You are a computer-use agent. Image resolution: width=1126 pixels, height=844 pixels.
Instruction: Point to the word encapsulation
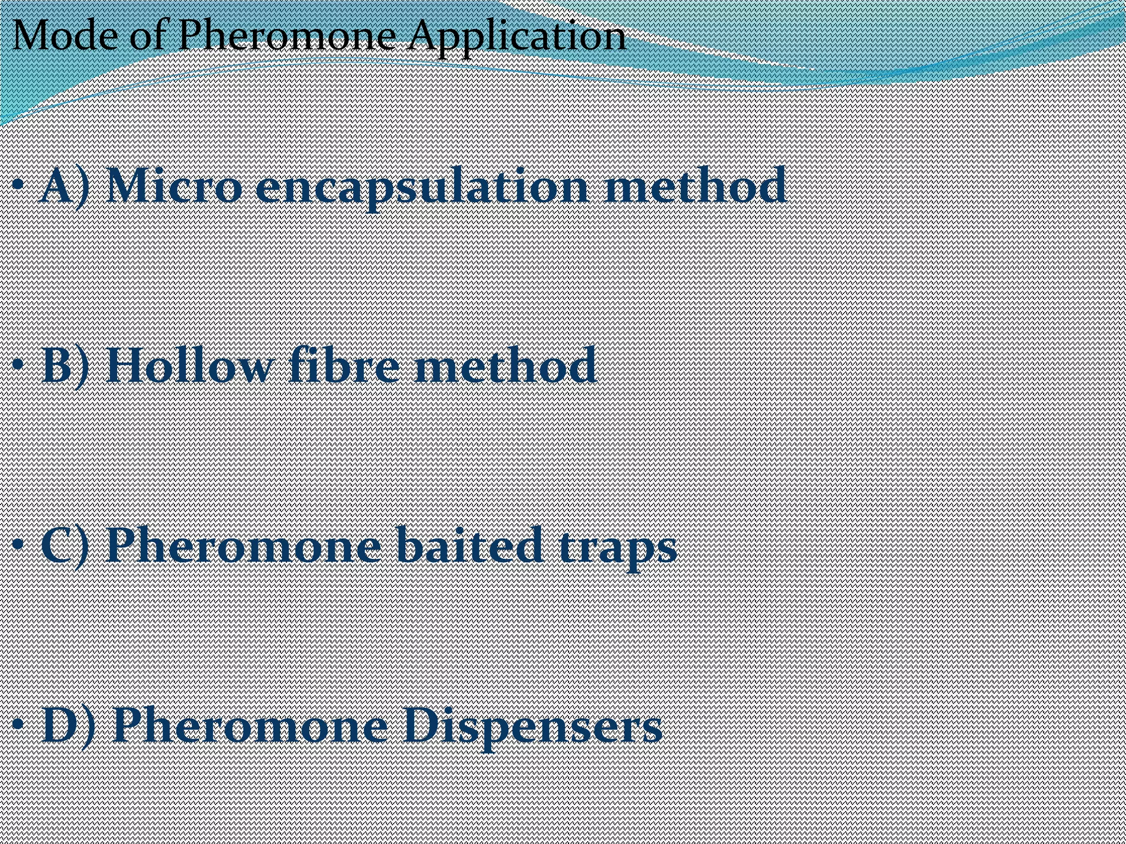pos(424,190)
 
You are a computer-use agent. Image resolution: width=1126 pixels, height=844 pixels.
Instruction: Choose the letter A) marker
pos(65,187)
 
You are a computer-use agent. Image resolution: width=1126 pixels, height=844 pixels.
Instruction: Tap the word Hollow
pos(187,365)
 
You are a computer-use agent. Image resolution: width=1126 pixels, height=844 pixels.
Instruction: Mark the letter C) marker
pos(65,546)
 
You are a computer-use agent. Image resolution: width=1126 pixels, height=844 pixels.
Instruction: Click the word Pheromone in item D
pos(250,726)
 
